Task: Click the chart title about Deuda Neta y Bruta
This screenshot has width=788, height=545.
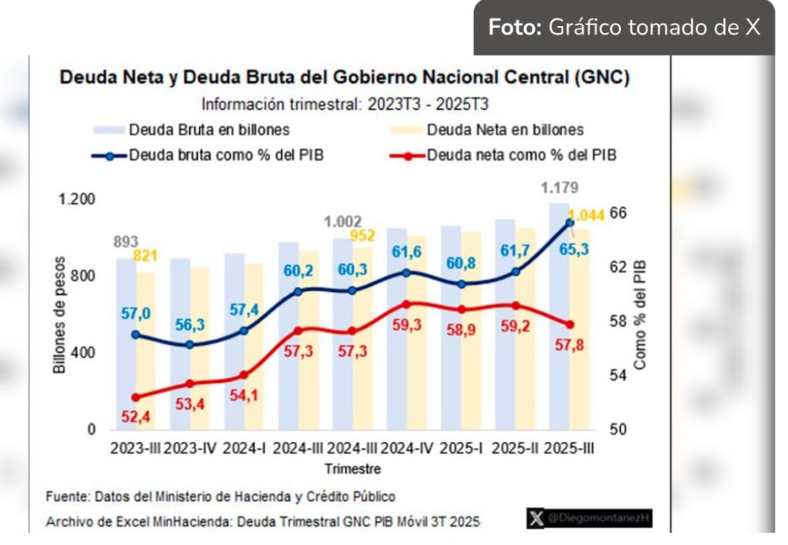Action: pyautogui.click(x=345, y=78)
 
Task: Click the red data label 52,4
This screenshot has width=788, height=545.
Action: pyautogui.click(x=135, y=417)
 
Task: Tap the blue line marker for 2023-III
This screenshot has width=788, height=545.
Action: pyautogui.click(x=135, y=335)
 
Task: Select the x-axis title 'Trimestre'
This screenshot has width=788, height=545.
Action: pyautogui.click(x=352, y=468)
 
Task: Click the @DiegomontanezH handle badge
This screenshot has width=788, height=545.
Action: pyautogui.click(x=589, y=520)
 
